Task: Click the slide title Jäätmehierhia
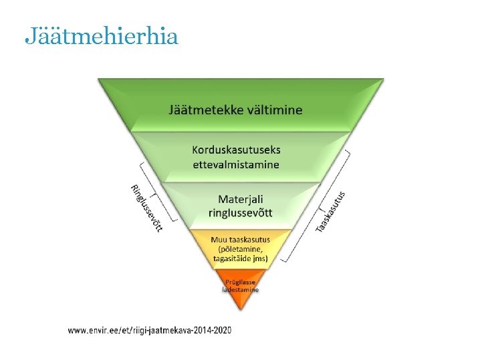point(101,36)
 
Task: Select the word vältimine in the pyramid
point(273,110)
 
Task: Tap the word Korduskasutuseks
point(236,151)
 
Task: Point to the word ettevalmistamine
point(236,164)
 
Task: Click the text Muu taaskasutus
point(240,240)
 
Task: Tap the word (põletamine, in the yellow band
point(240,248)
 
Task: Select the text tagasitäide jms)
point(240,258)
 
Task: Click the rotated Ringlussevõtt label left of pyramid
point(146,208)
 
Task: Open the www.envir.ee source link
point(150,330)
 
